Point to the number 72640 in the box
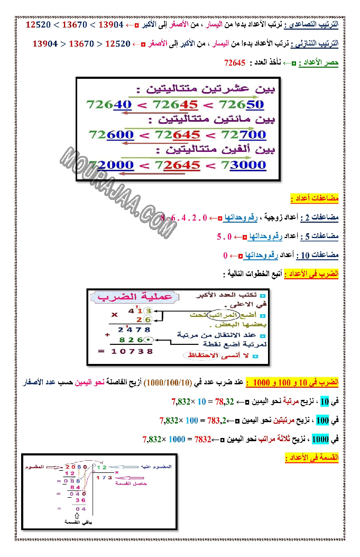(x=108, y=105)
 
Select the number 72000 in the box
(x=112, y=165)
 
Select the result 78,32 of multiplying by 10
(x=224, y=401)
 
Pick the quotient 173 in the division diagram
(x=104, y=477)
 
